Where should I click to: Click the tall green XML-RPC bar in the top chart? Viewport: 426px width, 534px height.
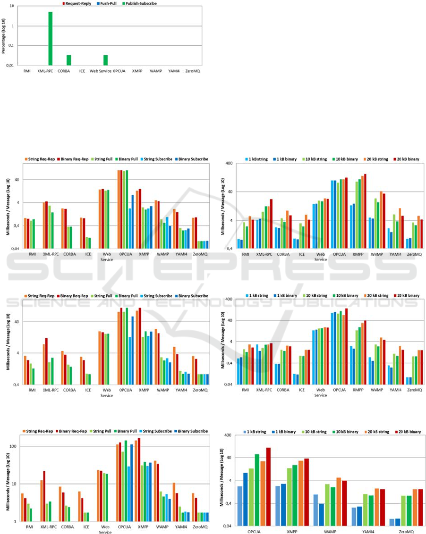(51, 39)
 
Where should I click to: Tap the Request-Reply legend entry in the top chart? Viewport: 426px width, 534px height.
(80, 3)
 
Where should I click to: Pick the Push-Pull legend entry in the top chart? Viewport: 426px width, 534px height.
(111, 3)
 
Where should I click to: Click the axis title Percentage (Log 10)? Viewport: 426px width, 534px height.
(4, 36)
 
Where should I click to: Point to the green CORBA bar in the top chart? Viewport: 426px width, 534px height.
(69, 60)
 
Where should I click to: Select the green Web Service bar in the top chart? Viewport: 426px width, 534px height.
(105, 60)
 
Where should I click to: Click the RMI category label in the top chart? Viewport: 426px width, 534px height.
(27, 71)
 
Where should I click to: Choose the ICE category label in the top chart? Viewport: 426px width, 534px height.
(83, 71)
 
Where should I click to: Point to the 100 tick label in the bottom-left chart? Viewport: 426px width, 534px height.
(13, 446)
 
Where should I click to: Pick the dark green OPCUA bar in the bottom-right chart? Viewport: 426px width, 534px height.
(257, 490)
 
